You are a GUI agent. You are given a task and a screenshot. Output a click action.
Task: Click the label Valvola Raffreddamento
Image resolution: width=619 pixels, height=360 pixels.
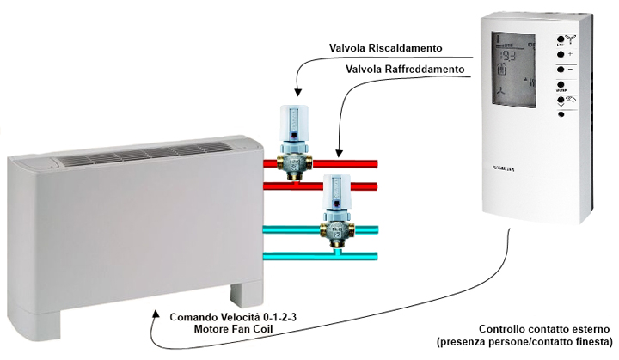tap(405, 68)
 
